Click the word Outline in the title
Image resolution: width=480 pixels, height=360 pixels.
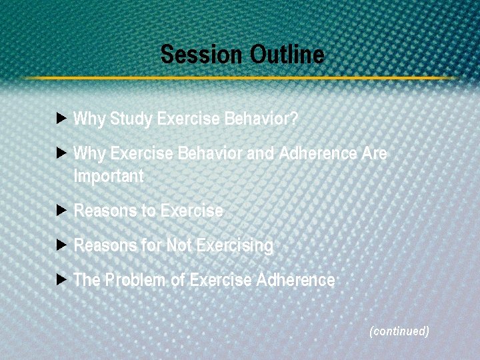point(287,54)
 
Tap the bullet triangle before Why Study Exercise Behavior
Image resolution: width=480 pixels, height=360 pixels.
point(62,119)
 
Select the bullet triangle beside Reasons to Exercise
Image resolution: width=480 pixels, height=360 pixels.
point(62,211)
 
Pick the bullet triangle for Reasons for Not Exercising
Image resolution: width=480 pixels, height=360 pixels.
point(62,245)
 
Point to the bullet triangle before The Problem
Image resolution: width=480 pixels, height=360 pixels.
point(62,279)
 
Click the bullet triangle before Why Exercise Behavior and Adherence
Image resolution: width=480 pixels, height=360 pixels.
point(62,153)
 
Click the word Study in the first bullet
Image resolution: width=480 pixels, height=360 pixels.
point(131,119)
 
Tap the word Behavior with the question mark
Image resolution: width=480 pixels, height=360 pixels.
point(261,119)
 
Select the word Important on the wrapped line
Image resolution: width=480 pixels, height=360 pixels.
point(108,177)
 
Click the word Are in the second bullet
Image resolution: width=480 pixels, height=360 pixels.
point(374,153)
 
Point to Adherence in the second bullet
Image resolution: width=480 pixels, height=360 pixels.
point(318,153)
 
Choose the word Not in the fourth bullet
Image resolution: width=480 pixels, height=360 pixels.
point(179,245)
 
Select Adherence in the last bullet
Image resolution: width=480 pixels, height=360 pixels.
point(295,280)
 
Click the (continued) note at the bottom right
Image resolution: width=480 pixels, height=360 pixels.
point(399,331)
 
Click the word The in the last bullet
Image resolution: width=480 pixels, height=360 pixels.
point(86,280)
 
